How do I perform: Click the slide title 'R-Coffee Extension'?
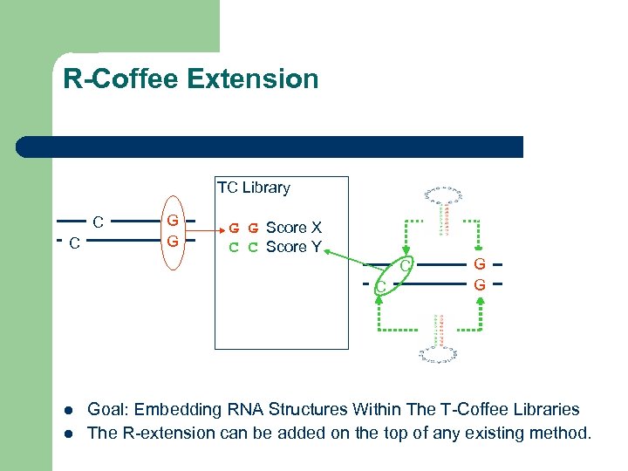(190, 79)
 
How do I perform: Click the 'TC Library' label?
(253, 188)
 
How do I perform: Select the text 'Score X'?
(294, 228)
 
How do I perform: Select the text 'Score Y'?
(294, 247)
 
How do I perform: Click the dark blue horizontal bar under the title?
(270, 147)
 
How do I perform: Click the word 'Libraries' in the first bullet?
(543, 409)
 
